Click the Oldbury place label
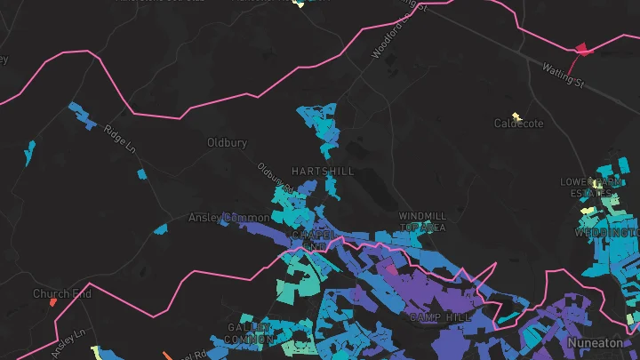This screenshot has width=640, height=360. click(226, 142)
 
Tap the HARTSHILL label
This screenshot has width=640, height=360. click(323, 171)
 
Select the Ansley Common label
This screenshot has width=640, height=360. click(228, 218)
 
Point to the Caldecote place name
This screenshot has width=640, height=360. click(518, 124)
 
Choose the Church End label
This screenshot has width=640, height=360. click(62, 293)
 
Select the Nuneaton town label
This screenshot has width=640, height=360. click(596, 342)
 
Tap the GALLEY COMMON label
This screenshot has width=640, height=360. click(248, 333)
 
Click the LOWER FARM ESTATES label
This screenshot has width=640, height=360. click(589, 187)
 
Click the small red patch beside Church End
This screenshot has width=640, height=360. click(53, 302)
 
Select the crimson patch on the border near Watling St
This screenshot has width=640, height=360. click(581, 48)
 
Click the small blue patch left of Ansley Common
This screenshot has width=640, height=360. click(161, 228)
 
